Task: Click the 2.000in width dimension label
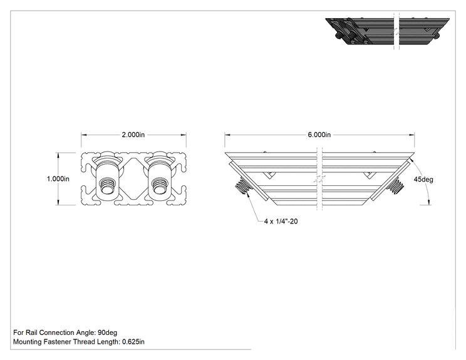133,135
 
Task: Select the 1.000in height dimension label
58,179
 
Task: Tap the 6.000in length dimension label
319,135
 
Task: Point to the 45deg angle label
423,180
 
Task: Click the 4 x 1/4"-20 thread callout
281,221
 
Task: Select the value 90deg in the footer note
107,332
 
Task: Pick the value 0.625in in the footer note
133,342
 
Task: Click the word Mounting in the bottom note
28,342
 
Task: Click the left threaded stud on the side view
243,185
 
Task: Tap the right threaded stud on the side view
396,185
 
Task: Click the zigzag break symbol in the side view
320,179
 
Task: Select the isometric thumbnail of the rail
387,31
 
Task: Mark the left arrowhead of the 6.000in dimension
227,135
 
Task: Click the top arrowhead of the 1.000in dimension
58,155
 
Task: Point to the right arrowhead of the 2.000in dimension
184,135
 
